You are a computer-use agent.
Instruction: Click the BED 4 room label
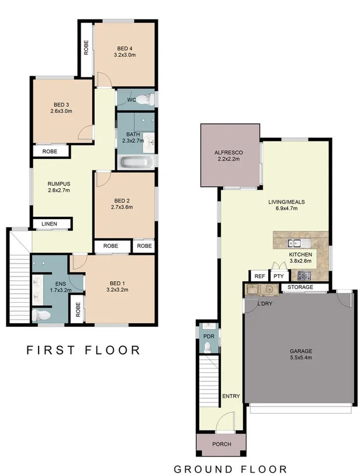pos(125,48)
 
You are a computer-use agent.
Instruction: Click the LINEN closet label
pos(51,224)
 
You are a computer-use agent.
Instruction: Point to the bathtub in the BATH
pos(137,162)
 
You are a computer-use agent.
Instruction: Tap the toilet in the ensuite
pos(43,316)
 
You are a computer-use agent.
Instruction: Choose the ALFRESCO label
pos(229,153)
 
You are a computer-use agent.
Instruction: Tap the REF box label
pos(258,276)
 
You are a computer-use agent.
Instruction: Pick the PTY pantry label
pos(278,276)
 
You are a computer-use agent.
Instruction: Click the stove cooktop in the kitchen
pos(304,275)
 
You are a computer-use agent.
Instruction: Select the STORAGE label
pos(299,288)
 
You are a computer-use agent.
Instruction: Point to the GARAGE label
pos(301,352)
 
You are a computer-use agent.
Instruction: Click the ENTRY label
pos(231,396)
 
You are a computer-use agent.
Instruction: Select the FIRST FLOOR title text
pos(84,351)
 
